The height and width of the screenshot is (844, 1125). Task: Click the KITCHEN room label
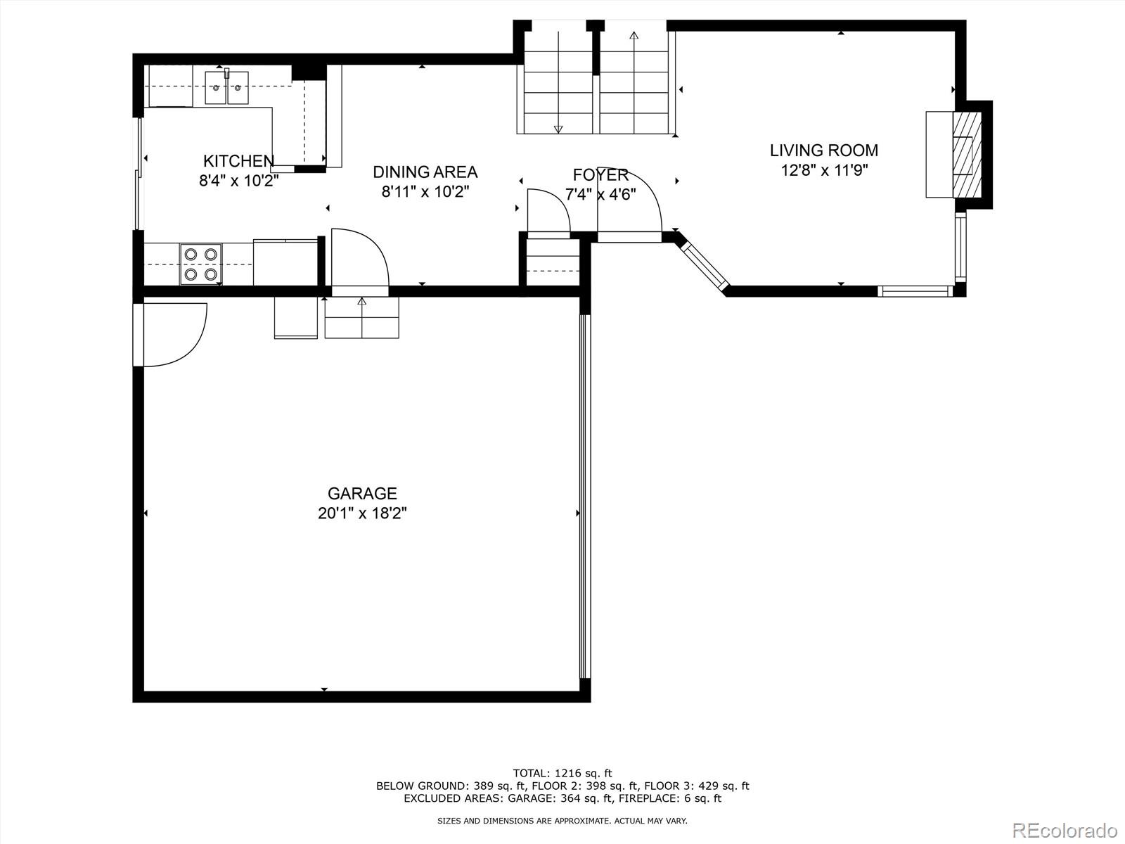238,161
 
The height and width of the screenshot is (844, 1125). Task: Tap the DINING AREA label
425,172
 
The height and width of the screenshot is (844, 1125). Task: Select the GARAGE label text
362,494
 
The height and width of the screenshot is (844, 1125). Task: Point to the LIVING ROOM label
823,151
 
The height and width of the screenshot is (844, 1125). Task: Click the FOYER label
600,175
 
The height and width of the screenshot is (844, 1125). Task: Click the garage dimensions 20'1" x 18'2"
362,513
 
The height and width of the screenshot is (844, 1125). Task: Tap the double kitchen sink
226,88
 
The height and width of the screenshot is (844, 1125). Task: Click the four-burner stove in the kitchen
200,264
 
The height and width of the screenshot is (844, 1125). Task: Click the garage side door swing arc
176,334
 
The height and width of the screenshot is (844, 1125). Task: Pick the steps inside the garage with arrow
361,317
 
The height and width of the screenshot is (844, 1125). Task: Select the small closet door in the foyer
548,210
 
